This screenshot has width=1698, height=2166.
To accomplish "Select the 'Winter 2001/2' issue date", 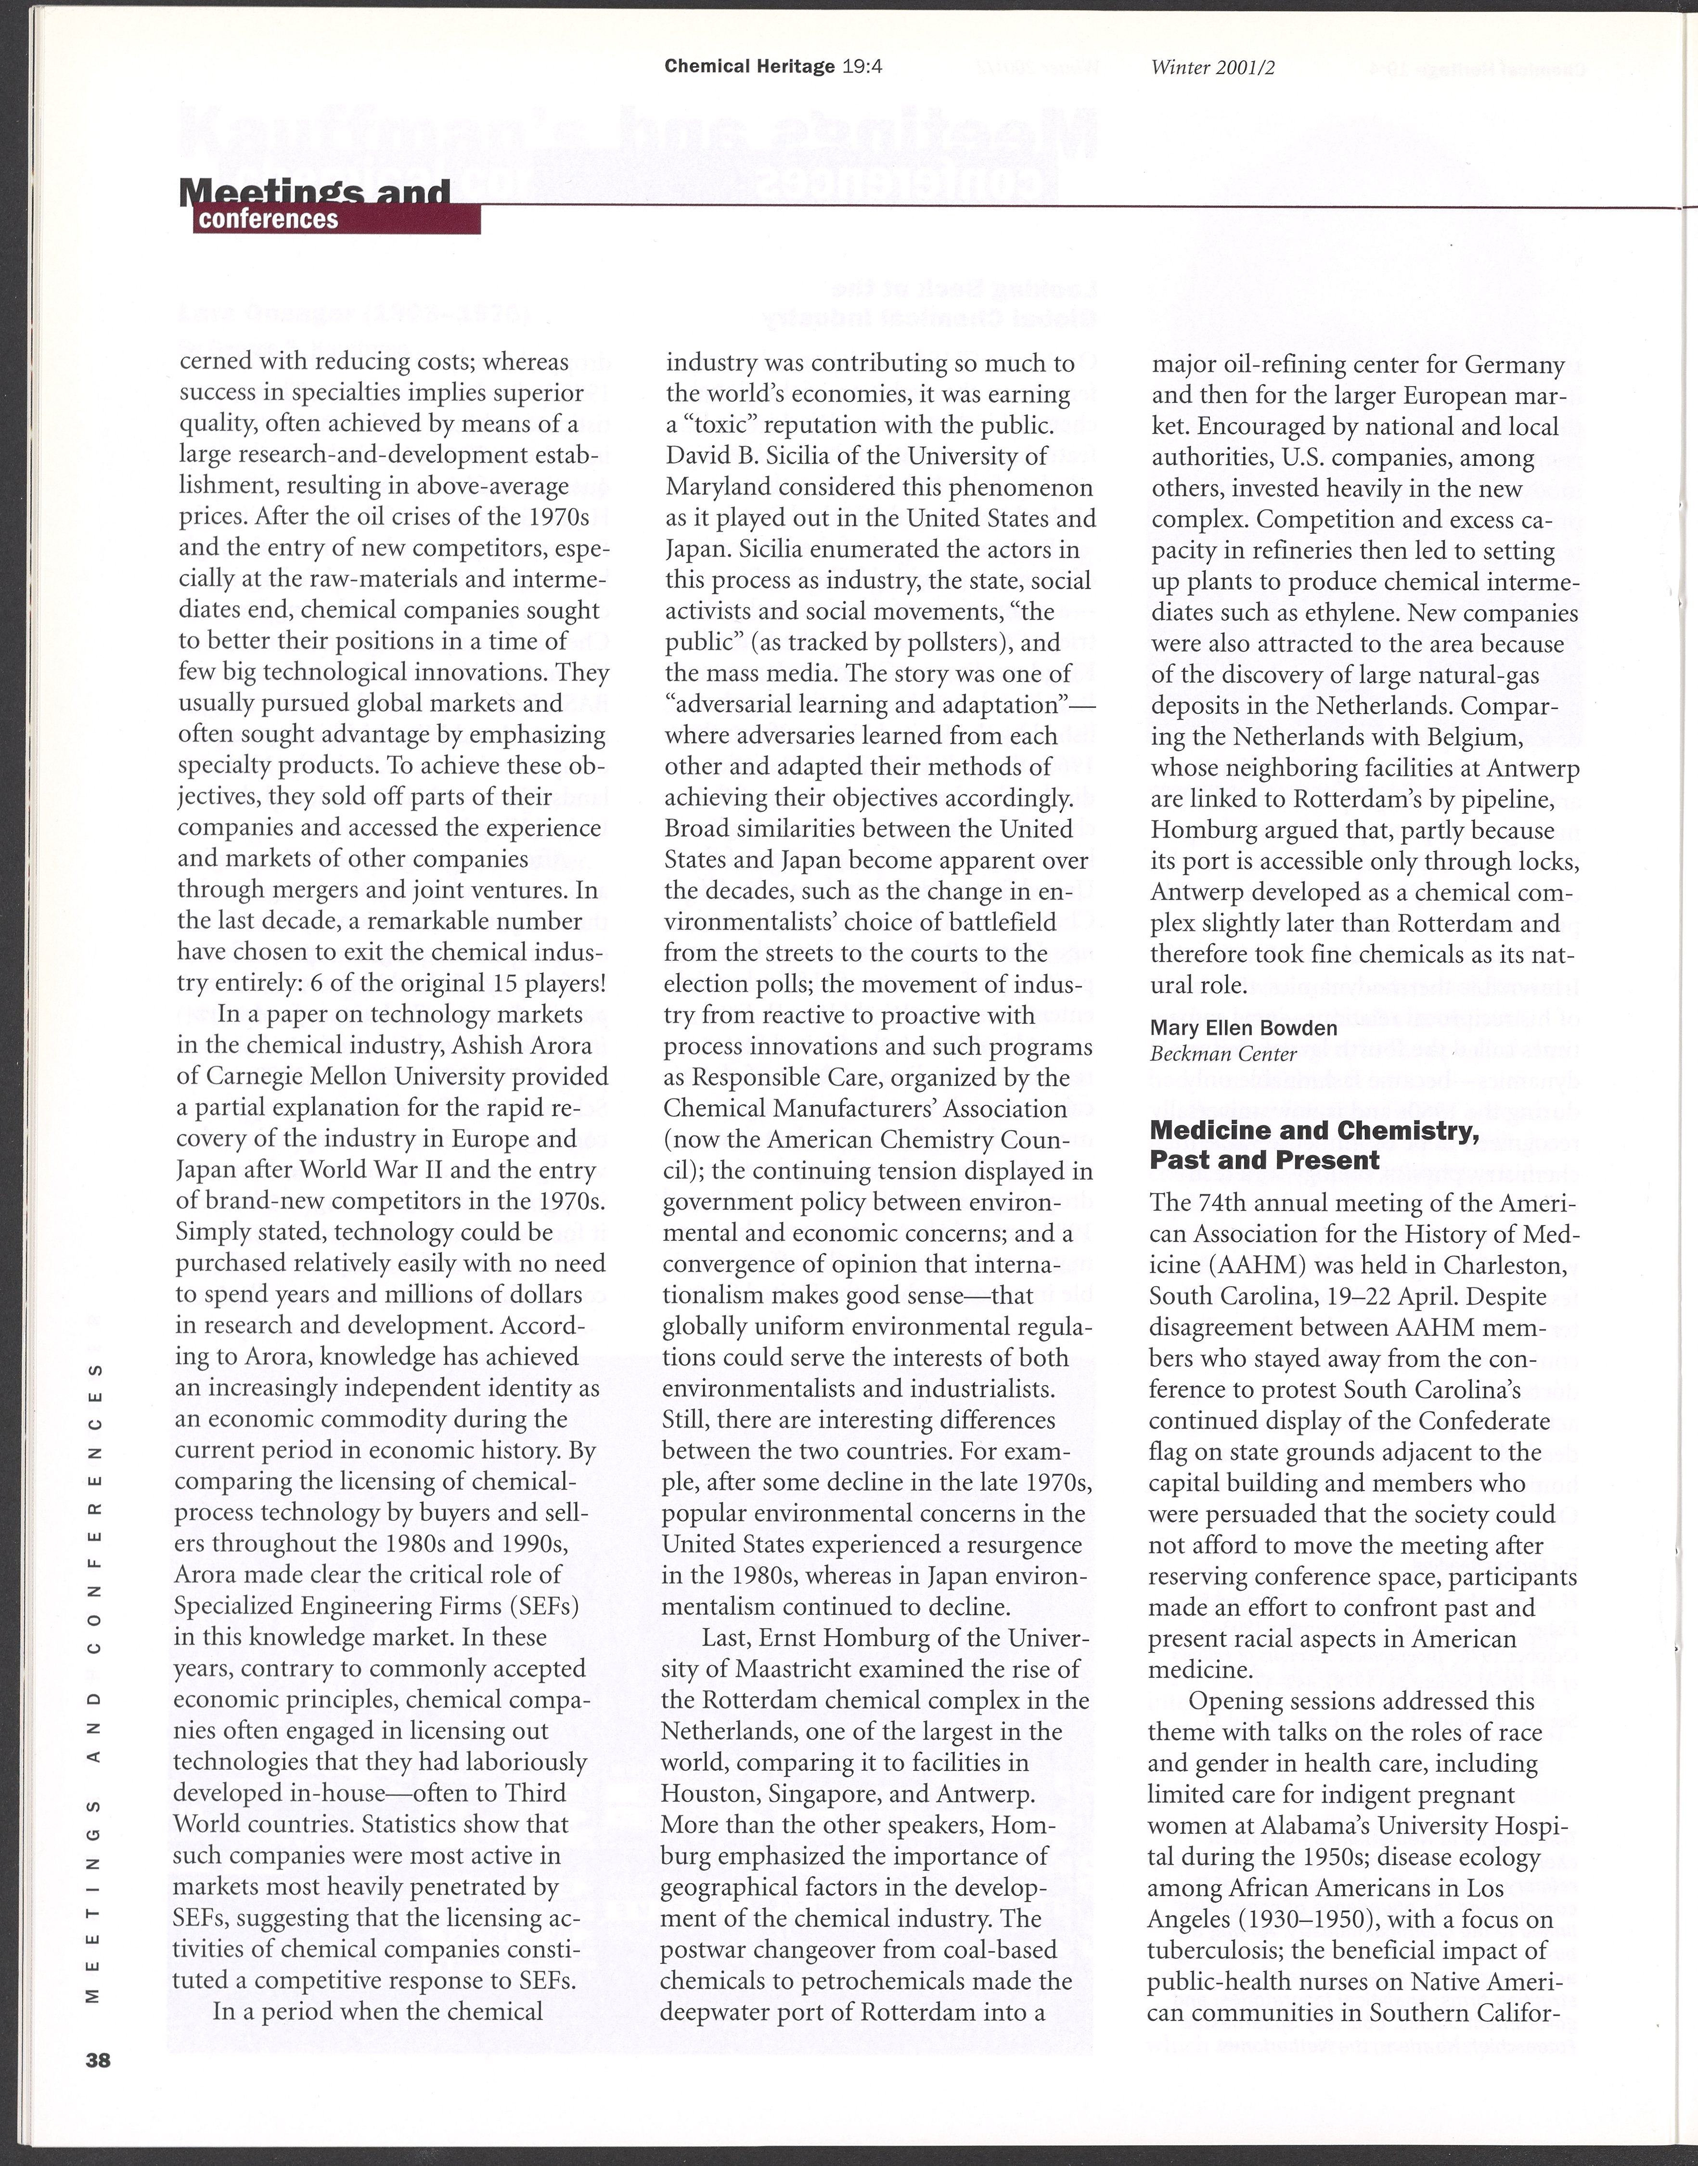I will (1211, 67).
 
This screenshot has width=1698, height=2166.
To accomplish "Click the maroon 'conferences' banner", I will (336, 219).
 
